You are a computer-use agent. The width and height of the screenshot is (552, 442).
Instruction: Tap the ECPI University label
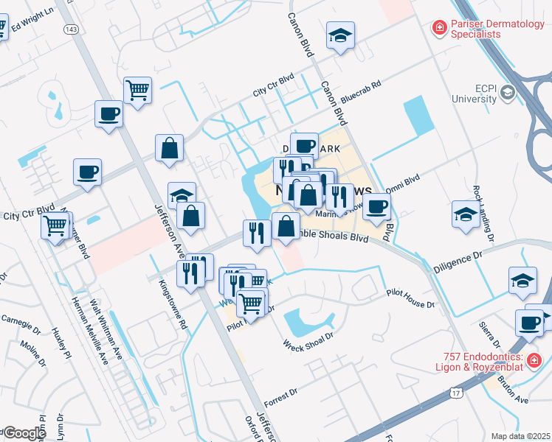(475, 92)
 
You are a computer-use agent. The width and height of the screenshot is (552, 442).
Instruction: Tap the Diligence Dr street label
(462, 254)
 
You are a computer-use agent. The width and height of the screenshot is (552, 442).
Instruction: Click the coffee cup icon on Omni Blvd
(377, 206)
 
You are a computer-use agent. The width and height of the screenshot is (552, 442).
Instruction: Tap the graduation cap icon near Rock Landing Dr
(466, 214)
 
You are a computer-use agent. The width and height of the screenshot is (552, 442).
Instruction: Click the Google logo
(24, 433)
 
